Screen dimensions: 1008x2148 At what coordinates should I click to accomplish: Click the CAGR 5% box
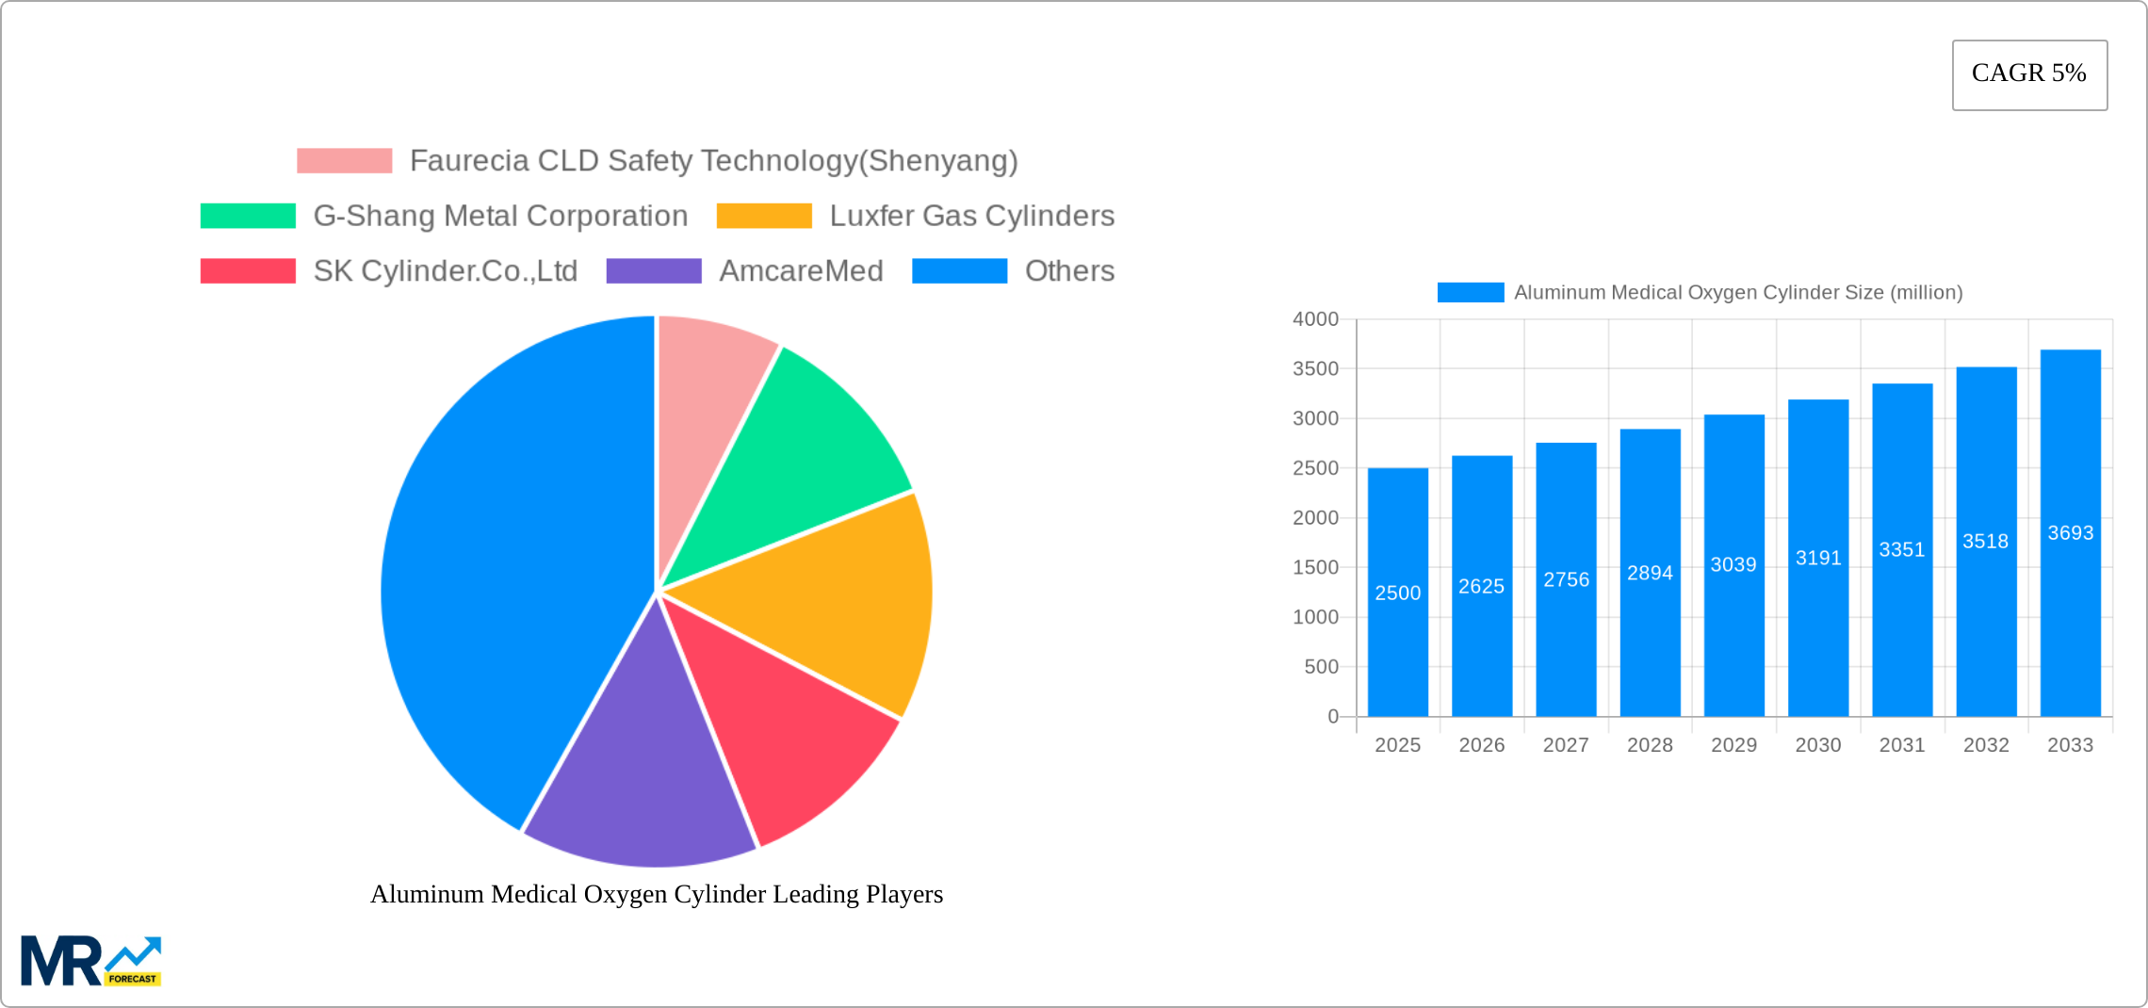coord(2029,74)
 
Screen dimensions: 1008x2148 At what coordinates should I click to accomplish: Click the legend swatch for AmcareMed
coord(654,271)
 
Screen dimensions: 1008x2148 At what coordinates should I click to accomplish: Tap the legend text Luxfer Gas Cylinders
coord(971,216)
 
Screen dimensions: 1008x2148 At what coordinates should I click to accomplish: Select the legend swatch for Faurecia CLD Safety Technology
coord(344,161)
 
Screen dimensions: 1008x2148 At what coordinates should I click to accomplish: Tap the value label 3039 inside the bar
coord(1733,564)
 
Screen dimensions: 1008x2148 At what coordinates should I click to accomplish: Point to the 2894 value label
coord(1650,573)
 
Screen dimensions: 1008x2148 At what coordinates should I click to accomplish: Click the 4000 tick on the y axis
coord(1315,319)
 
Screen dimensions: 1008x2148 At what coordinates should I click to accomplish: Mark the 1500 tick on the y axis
coord(1315,567)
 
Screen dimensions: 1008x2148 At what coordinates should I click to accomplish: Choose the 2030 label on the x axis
coord(1817,745)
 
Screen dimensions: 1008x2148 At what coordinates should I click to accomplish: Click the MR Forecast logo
coord(91,961)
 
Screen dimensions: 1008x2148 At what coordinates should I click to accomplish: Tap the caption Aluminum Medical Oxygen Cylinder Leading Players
coord(657,894)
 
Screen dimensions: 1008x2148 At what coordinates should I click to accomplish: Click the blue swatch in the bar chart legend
coord(1470,293)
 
